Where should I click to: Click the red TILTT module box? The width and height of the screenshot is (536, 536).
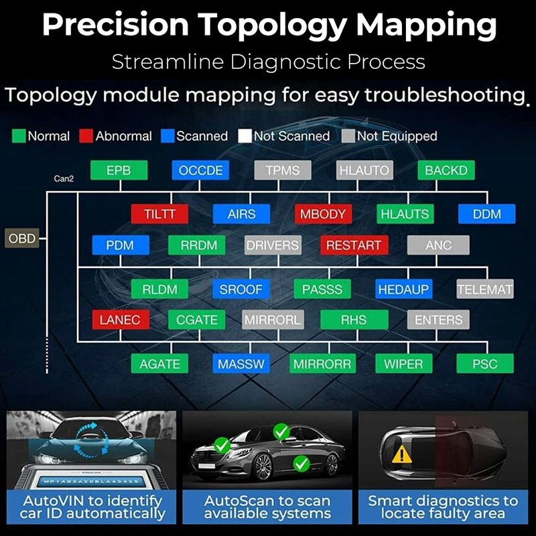(x=159, y=214)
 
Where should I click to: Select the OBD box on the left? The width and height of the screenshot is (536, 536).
(x=22, y=238)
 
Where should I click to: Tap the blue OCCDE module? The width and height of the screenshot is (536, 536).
(x=201, y=171)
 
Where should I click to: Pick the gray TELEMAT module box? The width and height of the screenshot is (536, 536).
(x=485, y=289)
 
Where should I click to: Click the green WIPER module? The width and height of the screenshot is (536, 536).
(x=403, y=364)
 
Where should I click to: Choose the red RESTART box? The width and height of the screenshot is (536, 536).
(x=353, y=245)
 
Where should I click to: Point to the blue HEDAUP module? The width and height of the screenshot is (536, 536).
(x=404, y=289)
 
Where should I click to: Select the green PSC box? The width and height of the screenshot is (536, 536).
(x=484, y=364)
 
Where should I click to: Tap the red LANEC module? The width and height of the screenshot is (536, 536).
(x=120, y=320)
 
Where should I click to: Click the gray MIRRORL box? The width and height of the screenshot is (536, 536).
(x=272, y=320)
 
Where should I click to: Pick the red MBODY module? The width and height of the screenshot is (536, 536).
(x=323, y=214)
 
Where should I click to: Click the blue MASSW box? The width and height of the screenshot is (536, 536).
(x=241, y=364)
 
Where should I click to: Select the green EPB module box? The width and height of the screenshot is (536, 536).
(x=119, y=171)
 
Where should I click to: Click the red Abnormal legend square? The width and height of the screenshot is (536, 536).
(x=86, y=136)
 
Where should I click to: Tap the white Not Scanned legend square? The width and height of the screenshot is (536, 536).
(x=245, y=136)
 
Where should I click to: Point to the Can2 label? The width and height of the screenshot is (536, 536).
(x=64, y=179)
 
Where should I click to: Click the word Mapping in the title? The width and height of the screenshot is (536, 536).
(x=427, y=25)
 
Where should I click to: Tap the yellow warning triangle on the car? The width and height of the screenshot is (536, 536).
(x=402, y=455)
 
